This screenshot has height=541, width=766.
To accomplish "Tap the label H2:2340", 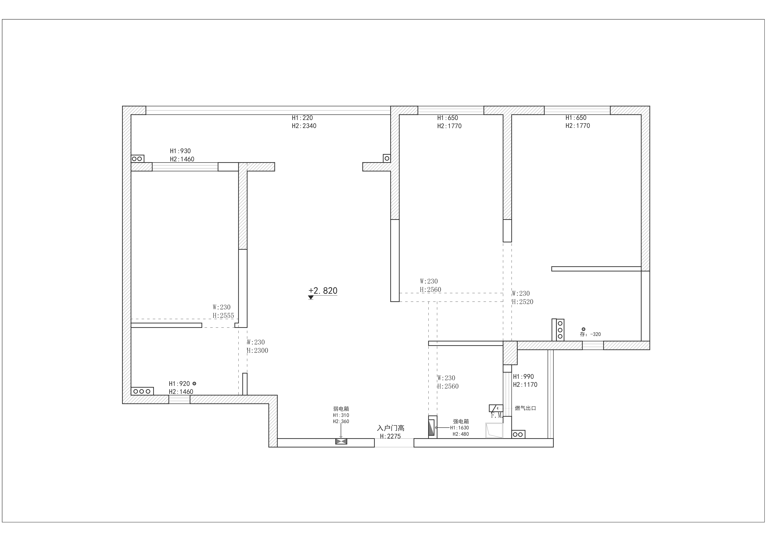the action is coord(304,126).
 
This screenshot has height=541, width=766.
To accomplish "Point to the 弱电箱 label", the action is coord(341,409).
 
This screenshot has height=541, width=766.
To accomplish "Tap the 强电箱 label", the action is coord(461,421).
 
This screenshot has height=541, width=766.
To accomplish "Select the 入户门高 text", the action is coord(391,428).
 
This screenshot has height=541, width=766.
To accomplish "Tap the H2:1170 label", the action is coord(525,385).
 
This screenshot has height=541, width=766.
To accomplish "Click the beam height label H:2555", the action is coord(223,315).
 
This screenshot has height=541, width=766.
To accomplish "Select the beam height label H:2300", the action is coord(258,350).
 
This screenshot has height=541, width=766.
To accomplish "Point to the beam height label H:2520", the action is coord(523,302).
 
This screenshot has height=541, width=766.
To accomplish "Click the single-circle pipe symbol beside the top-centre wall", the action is coord(387,158).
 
